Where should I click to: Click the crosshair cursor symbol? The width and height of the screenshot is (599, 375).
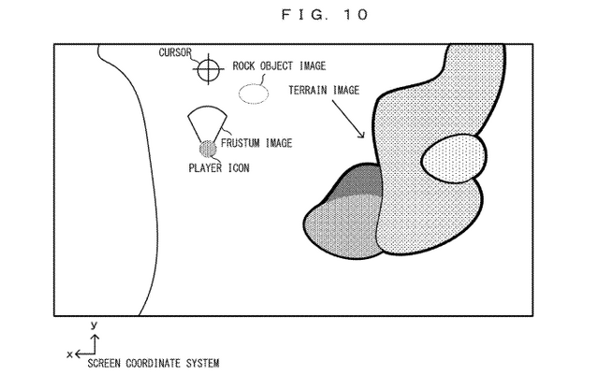click(209, 69)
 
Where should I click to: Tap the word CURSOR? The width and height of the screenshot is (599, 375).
click(175, 52)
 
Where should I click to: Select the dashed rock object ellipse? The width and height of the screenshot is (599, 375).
click(254, 94)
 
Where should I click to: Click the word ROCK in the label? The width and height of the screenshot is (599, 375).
click(243, 66)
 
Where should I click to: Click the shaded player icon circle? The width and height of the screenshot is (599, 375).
click(208, 150)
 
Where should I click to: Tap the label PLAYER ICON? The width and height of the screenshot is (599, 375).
click(219, 168)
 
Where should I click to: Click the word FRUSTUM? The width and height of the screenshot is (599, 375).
click(241, 143)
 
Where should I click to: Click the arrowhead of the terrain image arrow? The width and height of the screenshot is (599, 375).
click(362, 135)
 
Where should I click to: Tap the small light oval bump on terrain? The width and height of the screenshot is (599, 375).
click(454, 158)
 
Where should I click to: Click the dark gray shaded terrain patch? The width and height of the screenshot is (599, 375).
click(359, 181)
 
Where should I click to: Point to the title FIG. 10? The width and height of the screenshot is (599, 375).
click(325, 15)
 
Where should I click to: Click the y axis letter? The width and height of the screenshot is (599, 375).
click(94, 325)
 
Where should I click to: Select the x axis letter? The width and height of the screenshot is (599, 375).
click(69, 354)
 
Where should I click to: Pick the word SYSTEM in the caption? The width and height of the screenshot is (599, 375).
click(203, 363)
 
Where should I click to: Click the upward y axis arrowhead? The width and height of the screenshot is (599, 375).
click(95, 337)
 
